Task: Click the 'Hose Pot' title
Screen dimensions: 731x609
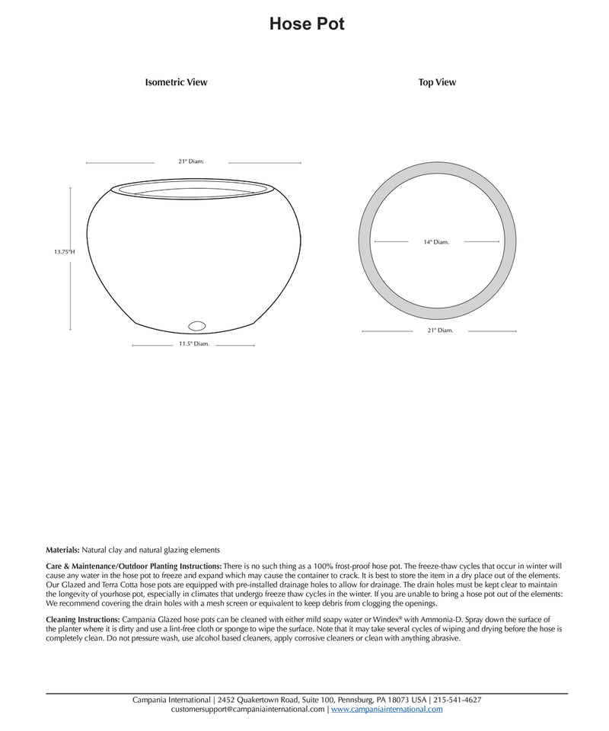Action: pos(307,24)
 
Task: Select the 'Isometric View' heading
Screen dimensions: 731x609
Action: pos(176,82)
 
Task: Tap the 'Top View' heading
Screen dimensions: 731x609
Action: pos(437,82)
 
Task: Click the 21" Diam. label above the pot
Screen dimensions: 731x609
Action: pos(191,161)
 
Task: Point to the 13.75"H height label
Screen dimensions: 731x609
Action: pos(64,251)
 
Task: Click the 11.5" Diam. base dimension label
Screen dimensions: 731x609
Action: pos(193,344)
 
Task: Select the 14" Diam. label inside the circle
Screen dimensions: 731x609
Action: pos(436,241)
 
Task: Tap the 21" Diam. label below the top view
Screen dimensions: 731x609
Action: pos(440,330)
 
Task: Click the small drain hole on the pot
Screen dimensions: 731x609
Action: pos(197,326)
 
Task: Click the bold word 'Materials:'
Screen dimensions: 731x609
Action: pos(62,549)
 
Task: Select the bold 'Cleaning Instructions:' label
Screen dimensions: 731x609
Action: pos(82,621)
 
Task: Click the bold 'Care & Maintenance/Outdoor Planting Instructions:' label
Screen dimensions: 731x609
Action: pos(134,567)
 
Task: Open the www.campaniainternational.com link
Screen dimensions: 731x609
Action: pos(386,709)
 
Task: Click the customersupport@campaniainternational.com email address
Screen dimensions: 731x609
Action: pos(248,709)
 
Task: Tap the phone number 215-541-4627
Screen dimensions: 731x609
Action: pos(457,699)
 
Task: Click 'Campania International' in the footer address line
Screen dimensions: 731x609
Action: pos(172,699)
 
